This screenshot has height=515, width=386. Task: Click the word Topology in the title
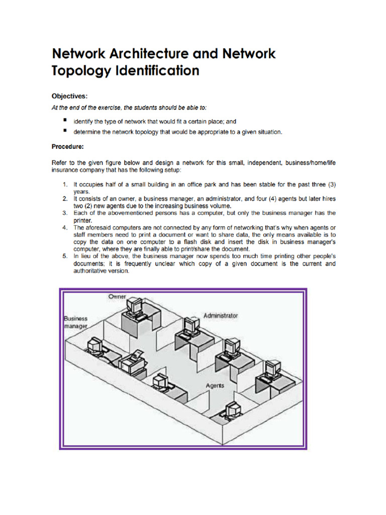click(x=80, y=71)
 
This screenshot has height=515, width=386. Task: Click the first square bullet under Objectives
click(x=65, y=121)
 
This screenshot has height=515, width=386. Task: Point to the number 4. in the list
click(x=65, y=227)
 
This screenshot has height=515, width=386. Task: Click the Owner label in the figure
click(x=117, y=297)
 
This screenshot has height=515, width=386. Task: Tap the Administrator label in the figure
click(x=220, y=315)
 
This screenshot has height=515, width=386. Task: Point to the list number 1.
click(x=65, y=185)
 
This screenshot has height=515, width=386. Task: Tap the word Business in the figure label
click(x=75, y=318)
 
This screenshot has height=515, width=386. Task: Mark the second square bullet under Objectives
click(x=65, y=131)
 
